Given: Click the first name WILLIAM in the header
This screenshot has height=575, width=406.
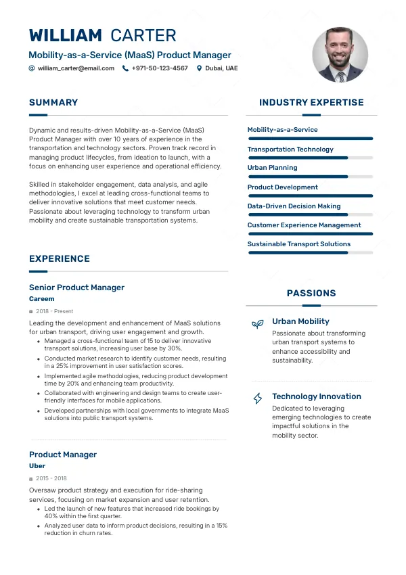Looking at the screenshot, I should coord(66,36).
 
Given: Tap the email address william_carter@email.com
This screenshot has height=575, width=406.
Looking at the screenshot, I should coord(76,68).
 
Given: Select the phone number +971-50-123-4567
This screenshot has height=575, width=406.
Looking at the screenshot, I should coord(160,68).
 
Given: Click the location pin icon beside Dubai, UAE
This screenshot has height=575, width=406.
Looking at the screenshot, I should coord(199,68).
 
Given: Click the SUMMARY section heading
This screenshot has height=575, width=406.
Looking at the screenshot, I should coord(53,103).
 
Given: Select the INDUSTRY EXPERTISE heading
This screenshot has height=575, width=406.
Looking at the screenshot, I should coord(311,103).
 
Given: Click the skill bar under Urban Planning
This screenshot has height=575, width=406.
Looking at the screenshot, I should coord(310,177).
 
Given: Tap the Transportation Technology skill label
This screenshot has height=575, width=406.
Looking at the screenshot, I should coord(290,149).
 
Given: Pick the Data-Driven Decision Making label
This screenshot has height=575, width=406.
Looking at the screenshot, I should coord(294,206).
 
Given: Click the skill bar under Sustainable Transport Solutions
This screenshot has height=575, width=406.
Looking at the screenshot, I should coord(310,253).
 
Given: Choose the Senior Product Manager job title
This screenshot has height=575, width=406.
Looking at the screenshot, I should coord(76,287).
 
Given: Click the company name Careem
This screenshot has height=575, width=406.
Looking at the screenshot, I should coord(41,299).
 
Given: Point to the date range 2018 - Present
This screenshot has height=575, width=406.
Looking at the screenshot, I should coord(53,311).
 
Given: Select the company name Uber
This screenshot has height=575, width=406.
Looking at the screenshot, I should coord(37,466).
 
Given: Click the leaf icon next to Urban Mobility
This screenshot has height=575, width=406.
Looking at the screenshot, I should coord(257,324).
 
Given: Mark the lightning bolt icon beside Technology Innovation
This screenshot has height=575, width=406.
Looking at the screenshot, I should coord(257,398).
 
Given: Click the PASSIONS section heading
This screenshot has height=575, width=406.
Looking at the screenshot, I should coord(311,294).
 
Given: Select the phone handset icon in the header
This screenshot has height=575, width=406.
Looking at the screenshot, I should coord(125,68).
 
